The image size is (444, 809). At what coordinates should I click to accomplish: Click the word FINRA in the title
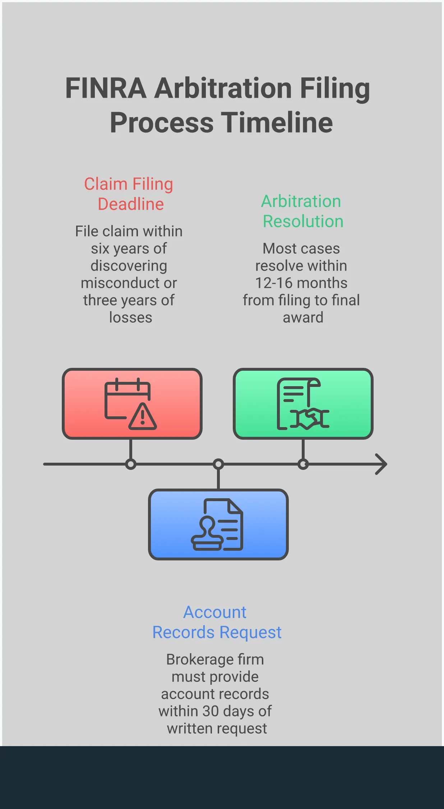pos(106,88)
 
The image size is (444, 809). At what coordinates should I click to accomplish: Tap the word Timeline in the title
pos(277,123)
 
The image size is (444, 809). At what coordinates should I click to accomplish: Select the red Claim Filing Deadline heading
pos(129,194)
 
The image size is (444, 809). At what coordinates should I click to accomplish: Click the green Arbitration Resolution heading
pos(302,211)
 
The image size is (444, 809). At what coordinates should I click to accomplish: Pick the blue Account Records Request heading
pos(217,622)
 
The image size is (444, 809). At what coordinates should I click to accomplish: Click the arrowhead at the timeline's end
pos(381,464)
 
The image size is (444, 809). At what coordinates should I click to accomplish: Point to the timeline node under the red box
pos(131,464)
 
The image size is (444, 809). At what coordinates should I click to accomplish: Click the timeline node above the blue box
pos(218,464)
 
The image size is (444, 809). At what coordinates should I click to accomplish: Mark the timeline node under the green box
pos(303,464)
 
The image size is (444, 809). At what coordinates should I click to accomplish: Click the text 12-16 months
pos(301,283)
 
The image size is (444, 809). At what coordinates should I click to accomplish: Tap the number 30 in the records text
pos(211,711)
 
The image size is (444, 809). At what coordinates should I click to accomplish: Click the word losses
pos(131,318)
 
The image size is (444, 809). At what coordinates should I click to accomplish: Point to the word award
pos(303,318)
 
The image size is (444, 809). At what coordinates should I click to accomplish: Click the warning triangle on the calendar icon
pos(143,417)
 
